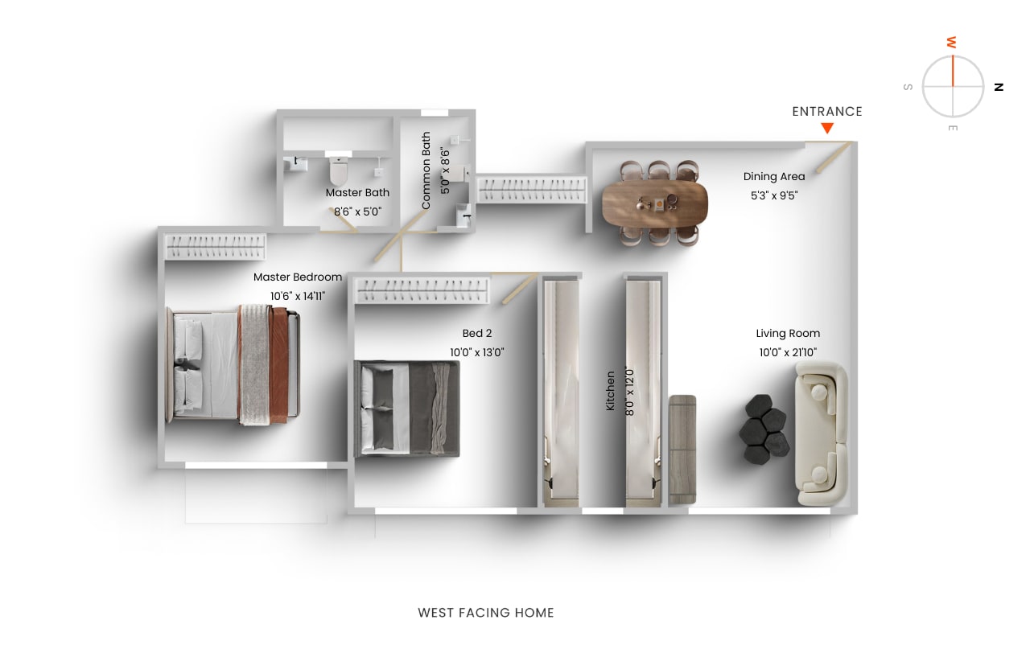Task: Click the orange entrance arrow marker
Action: point(827,128)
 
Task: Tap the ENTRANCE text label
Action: point(827,112)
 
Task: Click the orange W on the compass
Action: point(952,43)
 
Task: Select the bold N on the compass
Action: point(999,87)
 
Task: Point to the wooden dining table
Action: point(655,203)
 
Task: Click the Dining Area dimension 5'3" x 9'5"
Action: point(774,195)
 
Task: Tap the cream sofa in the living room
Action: point(822,433)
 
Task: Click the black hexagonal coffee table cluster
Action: point(764,429)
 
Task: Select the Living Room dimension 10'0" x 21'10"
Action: point(788,352)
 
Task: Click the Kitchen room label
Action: point(610,391)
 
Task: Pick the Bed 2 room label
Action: point(477,333)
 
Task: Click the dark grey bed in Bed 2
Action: point(407,409)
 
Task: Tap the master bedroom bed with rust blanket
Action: point(233,365)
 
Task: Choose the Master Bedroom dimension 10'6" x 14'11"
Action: point(298,297)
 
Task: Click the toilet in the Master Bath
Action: point(339,170)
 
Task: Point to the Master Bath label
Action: point(357,192)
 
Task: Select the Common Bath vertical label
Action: point(426,170)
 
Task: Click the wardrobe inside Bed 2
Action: point(422,290)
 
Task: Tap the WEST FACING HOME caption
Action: point(486,613)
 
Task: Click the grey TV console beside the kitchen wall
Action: point(682,450)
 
